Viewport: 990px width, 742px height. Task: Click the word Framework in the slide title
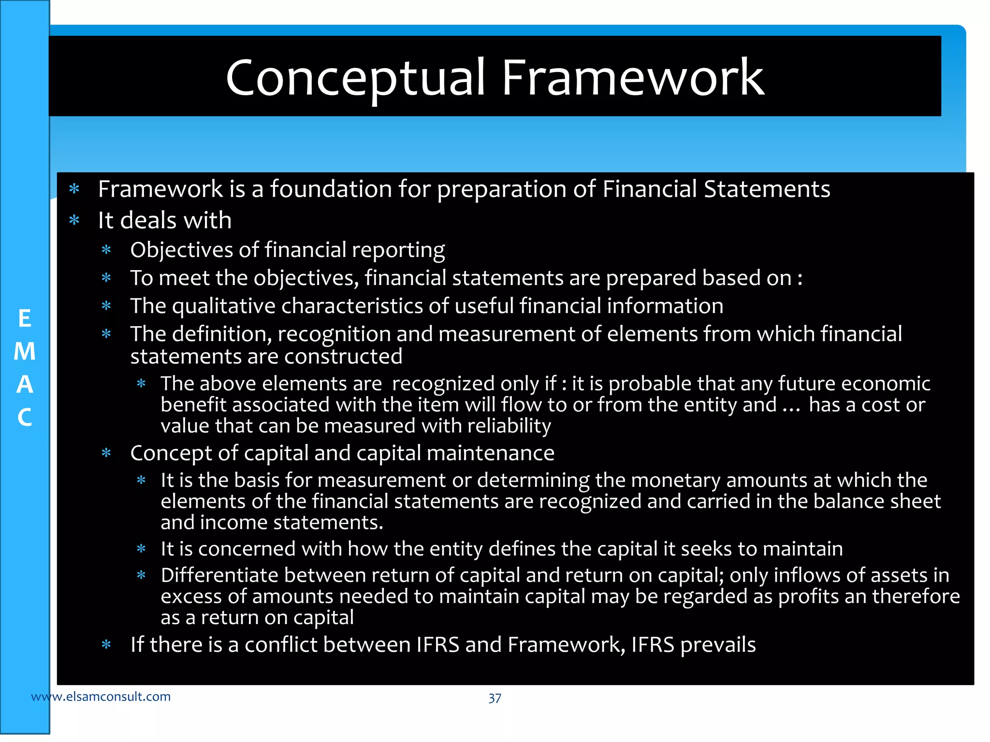click(x=633, y=77)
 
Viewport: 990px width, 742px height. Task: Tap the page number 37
click(x=495, y=698)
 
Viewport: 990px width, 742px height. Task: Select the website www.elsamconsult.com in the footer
click(x=101, y=697)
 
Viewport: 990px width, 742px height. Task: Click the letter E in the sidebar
click(x=25, y=319)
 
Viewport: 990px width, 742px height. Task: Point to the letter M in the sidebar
click(x=25, y=352)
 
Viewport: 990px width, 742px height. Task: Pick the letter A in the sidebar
click(x=25, y=385)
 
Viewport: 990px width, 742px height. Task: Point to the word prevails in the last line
click(x=718, y=645)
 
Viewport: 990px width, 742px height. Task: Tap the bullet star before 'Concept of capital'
click(x=106, y=454)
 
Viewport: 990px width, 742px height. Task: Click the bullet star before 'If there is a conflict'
click(x=106, y=645)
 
